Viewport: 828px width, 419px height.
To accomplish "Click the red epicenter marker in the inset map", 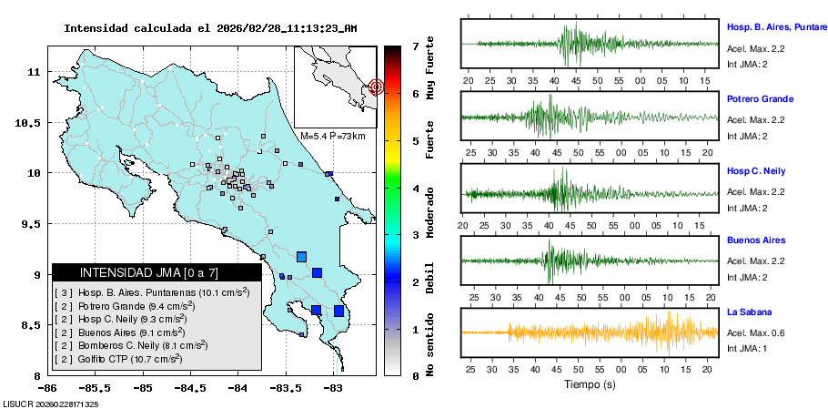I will coord(376,87).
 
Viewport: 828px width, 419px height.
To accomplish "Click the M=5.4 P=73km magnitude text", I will coord(332,137).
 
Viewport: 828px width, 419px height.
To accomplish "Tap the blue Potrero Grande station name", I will coord(760,98).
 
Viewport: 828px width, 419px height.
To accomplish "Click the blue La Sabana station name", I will coord(749,312).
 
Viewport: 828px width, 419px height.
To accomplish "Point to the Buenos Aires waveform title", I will coord(755,240).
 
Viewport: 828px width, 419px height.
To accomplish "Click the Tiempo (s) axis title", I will coord(591,384).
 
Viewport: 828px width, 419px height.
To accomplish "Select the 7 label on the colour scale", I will coord(415,46).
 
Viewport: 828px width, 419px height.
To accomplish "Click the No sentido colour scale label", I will coord(430,345).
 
